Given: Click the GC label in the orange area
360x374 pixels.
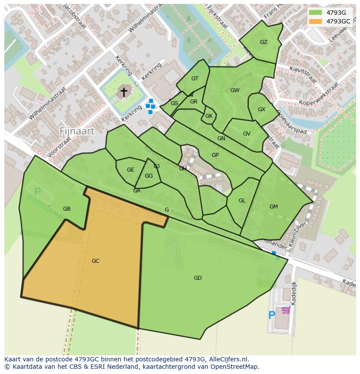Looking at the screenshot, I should pos(96,261).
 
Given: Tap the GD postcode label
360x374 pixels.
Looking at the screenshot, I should pos(198,278).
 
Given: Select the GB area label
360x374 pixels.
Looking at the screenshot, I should pos(67,209).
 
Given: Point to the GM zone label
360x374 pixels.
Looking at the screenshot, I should pos(273,207).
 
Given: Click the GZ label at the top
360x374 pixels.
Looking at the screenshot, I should pos(263,42).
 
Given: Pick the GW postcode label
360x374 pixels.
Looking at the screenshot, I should pos(235,90).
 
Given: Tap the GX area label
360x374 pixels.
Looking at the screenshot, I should pos(261,109).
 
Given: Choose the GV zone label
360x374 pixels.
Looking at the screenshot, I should pos(247,134).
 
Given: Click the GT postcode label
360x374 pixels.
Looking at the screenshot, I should pos(195,79).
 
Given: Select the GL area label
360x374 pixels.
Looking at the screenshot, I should pos(242,201).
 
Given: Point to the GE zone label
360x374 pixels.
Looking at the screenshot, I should pos(130,170).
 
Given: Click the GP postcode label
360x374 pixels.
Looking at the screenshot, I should pos(215,155).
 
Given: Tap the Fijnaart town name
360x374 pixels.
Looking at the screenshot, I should pos(77,131).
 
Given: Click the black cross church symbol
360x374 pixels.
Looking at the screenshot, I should pos(124,92).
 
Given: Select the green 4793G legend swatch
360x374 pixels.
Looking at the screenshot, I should pos(315,13).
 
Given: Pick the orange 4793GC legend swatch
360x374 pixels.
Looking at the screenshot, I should pos(315,21).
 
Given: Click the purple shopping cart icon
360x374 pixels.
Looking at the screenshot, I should pos(286,310).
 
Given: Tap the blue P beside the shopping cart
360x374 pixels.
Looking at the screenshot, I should pos(272,315).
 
